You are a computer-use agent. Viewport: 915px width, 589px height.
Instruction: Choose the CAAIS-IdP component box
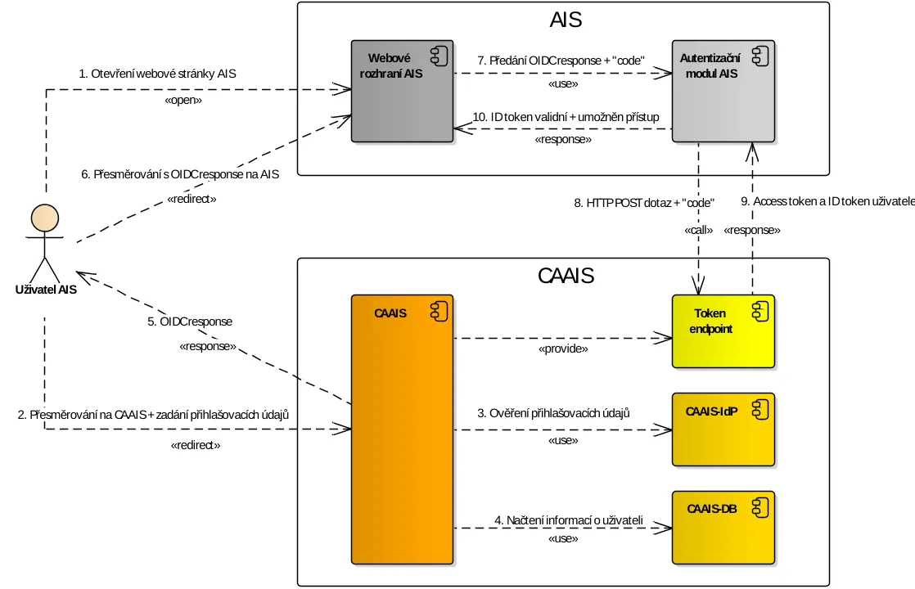(723, 430)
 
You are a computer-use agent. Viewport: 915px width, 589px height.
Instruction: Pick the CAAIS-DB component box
(723, 528)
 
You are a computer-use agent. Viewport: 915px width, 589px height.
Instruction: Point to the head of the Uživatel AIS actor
(44, 218)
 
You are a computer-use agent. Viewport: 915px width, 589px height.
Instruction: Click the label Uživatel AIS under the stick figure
(46, 289)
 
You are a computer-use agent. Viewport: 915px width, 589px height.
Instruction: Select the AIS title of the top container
(566, 20)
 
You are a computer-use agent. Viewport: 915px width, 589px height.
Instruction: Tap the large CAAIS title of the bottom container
(566, 276)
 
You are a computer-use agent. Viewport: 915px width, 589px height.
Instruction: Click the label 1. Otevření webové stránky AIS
(157, 74)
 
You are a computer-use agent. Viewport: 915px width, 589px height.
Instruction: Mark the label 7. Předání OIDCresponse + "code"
(561, 61)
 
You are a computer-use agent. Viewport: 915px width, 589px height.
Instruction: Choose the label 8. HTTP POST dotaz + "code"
(644, 203)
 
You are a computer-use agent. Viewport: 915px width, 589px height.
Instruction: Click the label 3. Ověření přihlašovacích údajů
(554, 413)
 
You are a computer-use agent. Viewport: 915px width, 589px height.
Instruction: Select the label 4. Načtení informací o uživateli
(569, 520)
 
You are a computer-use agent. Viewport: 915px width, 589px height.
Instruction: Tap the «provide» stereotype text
(562, 348)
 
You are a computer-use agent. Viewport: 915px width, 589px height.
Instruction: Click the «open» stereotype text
(183, 100)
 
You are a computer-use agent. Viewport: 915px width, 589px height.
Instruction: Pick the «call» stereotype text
(698, 231)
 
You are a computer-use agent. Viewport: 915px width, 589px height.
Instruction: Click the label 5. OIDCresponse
(190, 321)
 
